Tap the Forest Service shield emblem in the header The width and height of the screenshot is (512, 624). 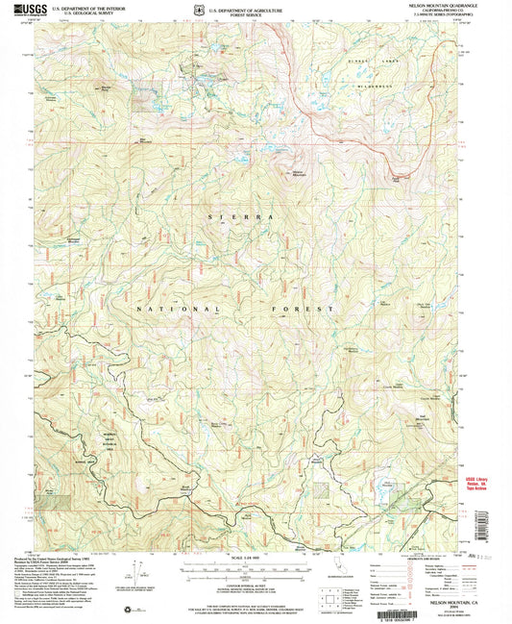198,12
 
